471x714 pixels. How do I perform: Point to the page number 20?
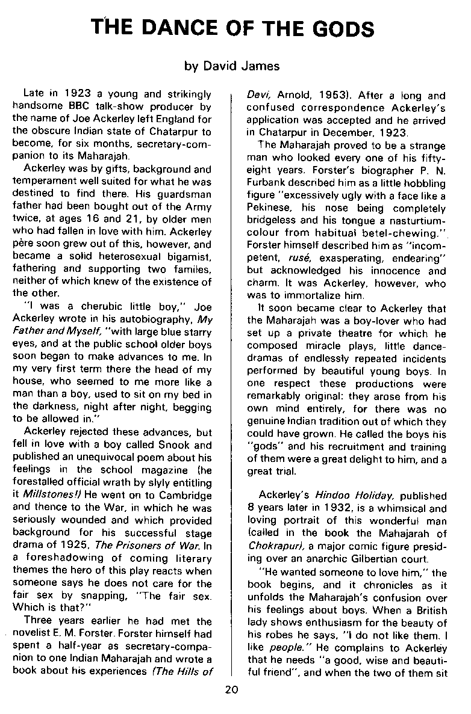coord(232,689)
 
